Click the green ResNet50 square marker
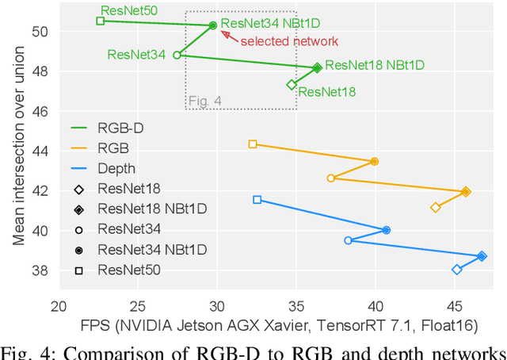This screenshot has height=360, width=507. pyautogui.click(x=101, y=21)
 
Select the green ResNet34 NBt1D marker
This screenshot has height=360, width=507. pyautogui.click(x=213, y=25)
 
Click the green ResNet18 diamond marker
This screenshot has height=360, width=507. pyautogui.click(x=292, y=85)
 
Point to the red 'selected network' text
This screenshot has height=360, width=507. pyautogui.click(x=289, y=41)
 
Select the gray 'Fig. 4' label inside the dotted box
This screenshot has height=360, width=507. pyautogui.click(x=205, y=101)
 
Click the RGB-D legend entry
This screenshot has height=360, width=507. pyautogui.click(x=119, y=127)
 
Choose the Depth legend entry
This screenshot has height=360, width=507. pyautogui.click(x=116, y=168)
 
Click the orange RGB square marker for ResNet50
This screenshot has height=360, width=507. pyautogui.click(x=253, y=144)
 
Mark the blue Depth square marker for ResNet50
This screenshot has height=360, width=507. pyautogui.click(x=257, y=200)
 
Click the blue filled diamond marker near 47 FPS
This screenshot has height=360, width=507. pyautogui.click(x=482, y=256)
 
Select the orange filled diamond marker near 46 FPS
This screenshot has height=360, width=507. pyautogui.click(x=466, y=191)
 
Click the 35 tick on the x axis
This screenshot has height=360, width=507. pyautogui.click(x=295, y=306)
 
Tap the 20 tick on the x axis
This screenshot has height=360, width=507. pyautogui.click(x=58, y=306)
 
